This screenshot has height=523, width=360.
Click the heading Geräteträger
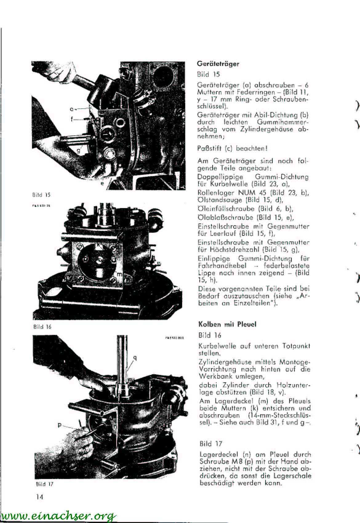[218, 64]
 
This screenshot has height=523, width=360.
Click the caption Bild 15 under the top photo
[41, 195]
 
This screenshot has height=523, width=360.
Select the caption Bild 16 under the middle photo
[42, 327]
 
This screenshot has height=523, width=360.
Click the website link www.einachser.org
[58, 515]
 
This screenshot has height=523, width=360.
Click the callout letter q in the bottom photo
[135, 358]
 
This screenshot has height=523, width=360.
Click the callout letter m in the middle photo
[120, 274]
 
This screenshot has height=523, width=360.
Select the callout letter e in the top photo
[102, 183]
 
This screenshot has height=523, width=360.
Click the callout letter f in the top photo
[72, 119]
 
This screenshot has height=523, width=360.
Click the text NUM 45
[249, 193]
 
